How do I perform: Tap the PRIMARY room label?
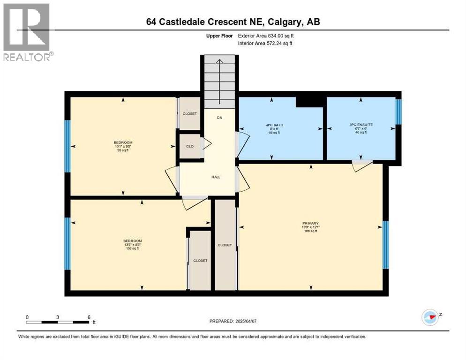pyautogui.click(x=311, y=223)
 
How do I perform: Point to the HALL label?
pyautogui.click(x=216, y=177)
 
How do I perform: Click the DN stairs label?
pyautogui.click(x=219, y=117)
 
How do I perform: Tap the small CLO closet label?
pyautogui.click(x=190, y=146)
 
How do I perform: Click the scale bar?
pyautogui.click(x=58, y=322)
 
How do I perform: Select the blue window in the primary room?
pyautogui.click(x=385, y=245)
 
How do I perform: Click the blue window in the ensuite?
pyautogui.click(x=398, y=112)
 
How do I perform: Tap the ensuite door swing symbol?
pyautogui.click(x=362, y=165)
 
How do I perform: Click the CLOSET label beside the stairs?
pyautogui.click(x=190, y=113)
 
